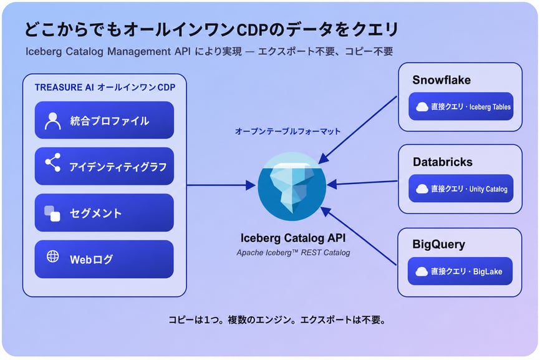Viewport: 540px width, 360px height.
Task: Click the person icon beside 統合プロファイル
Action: (x=53, y=121)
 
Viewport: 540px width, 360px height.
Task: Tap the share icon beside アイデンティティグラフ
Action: (x=53, y=163)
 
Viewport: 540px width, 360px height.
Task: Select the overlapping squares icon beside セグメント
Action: (x=52, y=213)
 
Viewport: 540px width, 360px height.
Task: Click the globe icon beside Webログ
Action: (x=53, y=256)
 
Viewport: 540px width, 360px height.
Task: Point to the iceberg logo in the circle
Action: (x=292, y=187)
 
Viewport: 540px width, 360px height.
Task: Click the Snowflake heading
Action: (x=441, y=80)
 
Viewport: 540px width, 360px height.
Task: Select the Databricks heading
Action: (x=443, y=162)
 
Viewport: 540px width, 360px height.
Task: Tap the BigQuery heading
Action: (x=439, y=244)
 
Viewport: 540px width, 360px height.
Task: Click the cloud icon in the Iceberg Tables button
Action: (x=422, y=107)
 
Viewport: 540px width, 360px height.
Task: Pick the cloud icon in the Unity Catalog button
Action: (x=422, y=189)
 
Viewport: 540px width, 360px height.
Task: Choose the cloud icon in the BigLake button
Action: (x=422, y=272)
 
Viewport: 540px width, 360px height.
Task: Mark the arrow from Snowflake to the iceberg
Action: (x=357, y=130)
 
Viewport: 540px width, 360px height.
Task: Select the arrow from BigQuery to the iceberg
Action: (x=359, y=236)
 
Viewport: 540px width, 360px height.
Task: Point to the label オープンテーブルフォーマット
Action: (x=287, y=131)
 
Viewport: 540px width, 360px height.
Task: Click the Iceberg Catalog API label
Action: (x=293, y=238)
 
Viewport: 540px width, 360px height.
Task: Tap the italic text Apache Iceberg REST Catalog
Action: (x=293, y=253)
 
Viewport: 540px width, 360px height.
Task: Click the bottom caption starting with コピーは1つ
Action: (x=277, y=320)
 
